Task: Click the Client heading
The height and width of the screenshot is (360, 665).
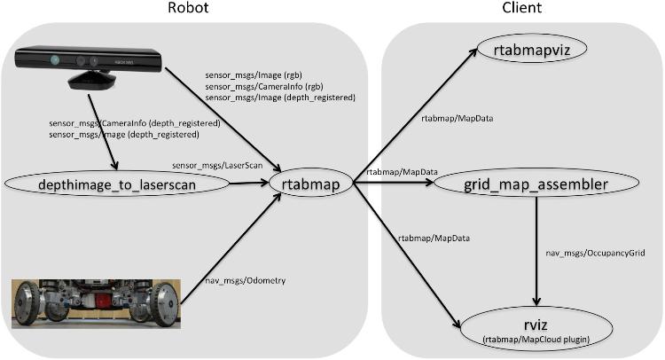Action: (523, 9)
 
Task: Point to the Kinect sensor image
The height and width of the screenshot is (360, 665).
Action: (88, 66)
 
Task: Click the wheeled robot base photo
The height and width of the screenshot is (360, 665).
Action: (92, 304)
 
